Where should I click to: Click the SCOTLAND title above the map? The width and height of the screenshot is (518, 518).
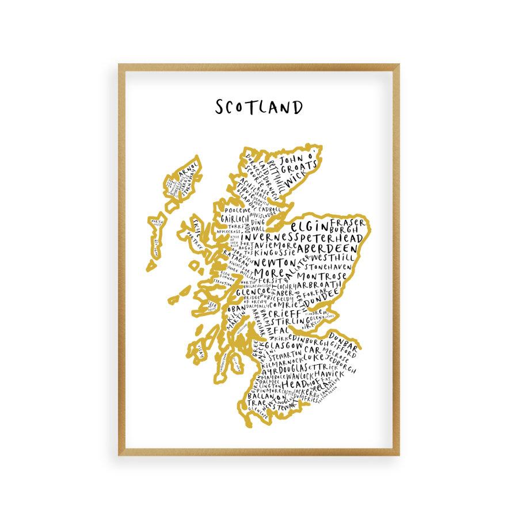point(258,108)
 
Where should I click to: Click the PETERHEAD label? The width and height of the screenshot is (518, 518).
point(330,238)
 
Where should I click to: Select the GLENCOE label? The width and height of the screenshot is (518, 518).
point(249,292)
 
